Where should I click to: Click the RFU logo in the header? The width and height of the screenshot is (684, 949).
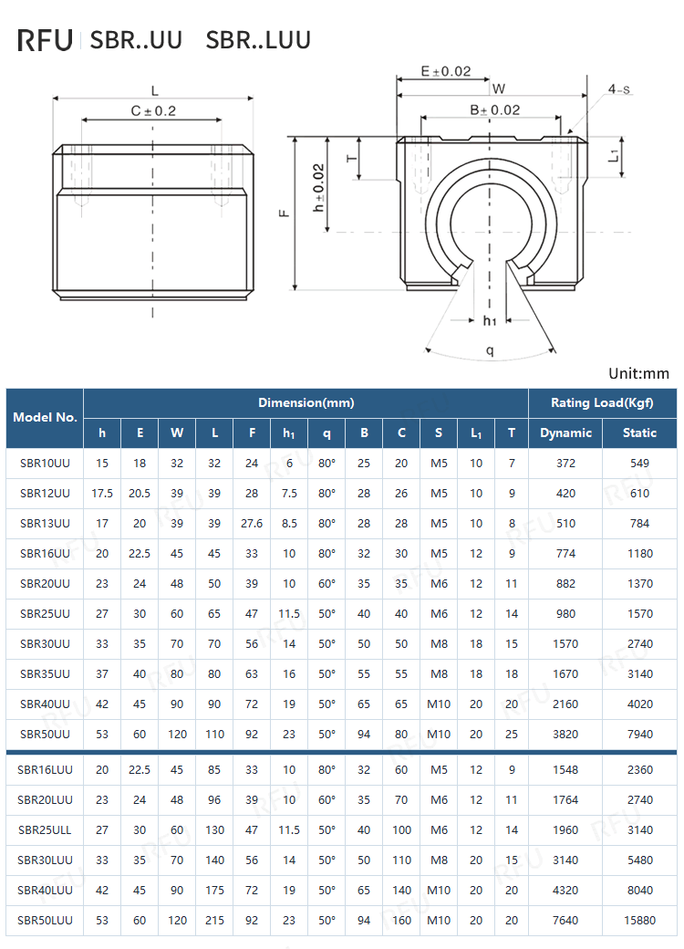pyautogui.click(x=45, y=40)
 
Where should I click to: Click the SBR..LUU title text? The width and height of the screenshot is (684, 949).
pyautogui.click(x=258, y=40)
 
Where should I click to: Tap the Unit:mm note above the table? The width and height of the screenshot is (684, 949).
pyautogui.click(x=638, y=373)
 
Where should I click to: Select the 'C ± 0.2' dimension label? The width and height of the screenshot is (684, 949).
pyautogui.click(x=152, y=110)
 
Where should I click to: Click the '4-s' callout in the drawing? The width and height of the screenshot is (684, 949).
pyautogui.click(x=620, y=89)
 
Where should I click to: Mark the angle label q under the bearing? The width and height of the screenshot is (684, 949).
pyautogui.click(x=490, y=349)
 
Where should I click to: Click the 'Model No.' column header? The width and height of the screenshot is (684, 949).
pyautogui.click(x=45, y=417)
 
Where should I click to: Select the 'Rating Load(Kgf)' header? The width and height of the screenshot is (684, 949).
pyautogui.click(x=602, y=402)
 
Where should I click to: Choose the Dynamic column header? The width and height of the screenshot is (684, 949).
pyautogui.click(x=565, y=433)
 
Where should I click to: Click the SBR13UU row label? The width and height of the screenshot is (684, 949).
pyautogui.click(x=45, y=523)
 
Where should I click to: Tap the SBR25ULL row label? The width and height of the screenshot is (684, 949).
pyautogui.click(x=45, y=829)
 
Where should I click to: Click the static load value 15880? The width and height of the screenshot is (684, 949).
pyautogui.click(x=639, y=920)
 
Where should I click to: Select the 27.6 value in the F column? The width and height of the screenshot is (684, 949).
pyautogui.click(x=252, y=523)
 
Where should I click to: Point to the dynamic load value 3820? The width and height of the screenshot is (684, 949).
pyautogui.click(x=565, y=734)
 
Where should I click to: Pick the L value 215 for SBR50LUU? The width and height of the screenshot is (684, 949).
pyautogui.click(x=214, y=920)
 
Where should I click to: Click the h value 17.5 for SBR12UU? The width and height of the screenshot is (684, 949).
pyautogui.click(x=102, y=493)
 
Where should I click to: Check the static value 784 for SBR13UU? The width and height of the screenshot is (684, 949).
pyautogui.click(x=639, y=523)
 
